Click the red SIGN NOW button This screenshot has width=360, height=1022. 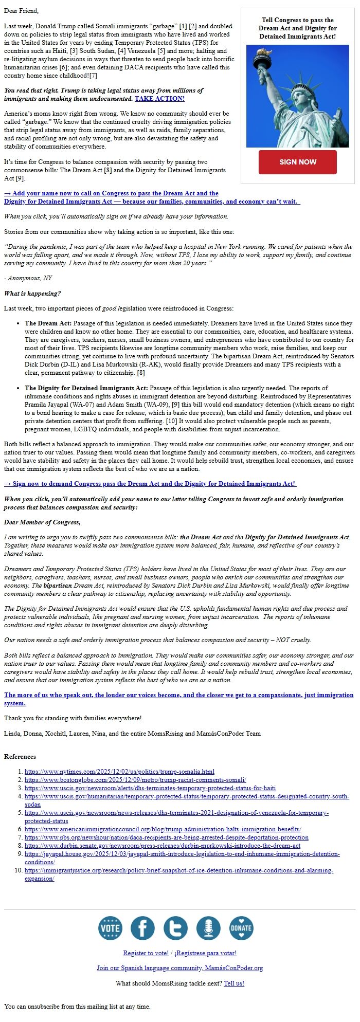point(297,162)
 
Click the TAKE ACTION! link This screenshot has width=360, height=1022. point(159,98)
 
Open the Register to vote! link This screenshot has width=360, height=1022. point(146,953)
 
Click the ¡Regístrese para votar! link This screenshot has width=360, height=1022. point(205,953)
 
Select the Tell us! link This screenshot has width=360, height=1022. point(234,983)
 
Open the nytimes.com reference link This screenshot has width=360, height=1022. point(119,772)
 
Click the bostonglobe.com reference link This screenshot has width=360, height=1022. point(135,780)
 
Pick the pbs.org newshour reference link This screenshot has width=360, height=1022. point(166,837)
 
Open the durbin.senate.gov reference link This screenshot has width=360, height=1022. point(162,846)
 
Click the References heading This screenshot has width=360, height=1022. point(20,757)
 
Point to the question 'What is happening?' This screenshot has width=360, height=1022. point(32,294)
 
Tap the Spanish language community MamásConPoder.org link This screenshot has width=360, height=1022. point(179,968)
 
